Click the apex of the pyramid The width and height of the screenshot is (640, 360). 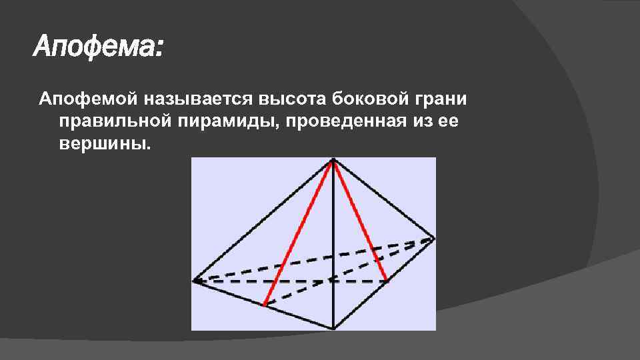[x=333, y=159]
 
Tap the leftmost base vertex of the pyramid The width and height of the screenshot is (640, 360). [x=194, y=281]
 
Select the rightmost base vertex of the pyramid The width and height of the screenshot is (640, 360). [x=433, y=238]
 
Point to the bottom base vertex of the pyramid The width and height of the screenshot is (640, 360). [x=333, y=328]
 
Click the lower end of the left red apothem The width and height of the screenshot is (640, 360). [x=265, y=305]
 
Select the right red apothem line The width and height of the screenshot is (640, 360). [x=360, y=220]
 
